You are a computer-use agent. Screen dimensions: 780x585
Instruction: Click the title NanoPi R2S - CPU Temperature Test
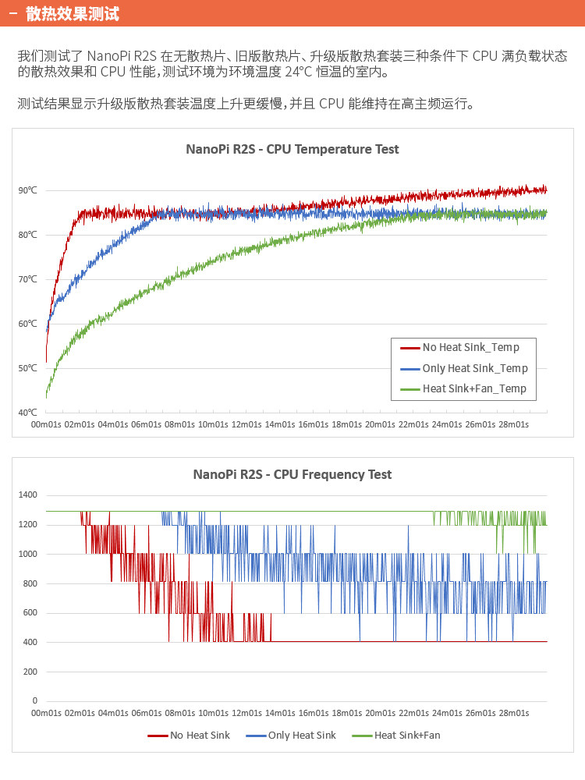(x=292, y=149)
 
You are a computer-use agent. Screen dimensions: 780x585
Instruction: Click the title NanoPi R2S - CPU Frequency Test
(x=292, y=474)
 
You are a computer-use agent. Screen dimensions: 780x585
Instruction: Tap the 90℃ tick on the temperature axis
(x=27, y=190)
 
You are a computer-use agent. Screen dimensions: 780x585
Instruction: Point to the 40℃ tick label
(x=27, y=413)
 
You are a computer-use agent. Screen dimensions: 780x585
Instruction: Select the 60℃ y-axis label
(x=27, y=324)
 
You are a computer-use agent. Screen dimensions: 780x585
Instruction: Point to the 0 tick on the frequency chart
(x=34, y=700)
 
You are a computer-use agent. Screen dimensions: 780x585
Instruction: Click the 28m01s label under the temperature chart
(x=513, y=424)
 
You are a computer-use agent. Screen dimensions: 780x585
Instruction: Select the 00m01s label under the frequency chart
(x=46, y=713)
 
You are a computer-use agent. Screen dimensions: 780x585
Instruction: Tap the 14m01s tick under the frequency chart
(x=280, y=713)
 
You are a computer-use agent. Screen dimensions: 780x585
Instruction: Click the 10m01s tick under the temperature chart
(x=213, y=424)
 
